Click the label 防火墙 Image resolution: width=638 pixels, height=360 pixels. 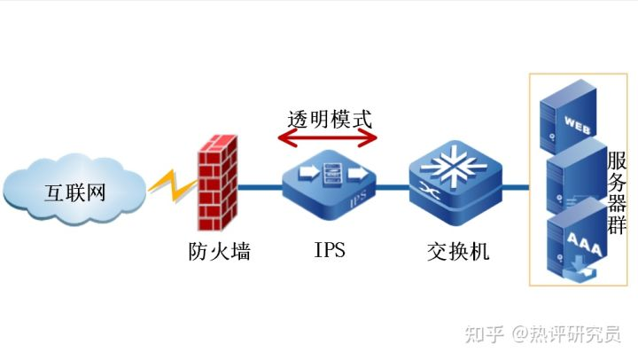point(220,251)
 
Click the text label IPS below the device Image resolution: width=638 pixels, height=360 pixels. point(330,251)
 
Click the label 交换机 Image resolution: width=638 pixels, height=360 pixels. point(457,252)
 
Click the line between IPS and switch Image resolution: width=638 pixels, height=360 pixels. point(394,187)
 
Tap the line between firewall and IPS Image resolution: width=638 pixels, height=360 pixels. point(264,187)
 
